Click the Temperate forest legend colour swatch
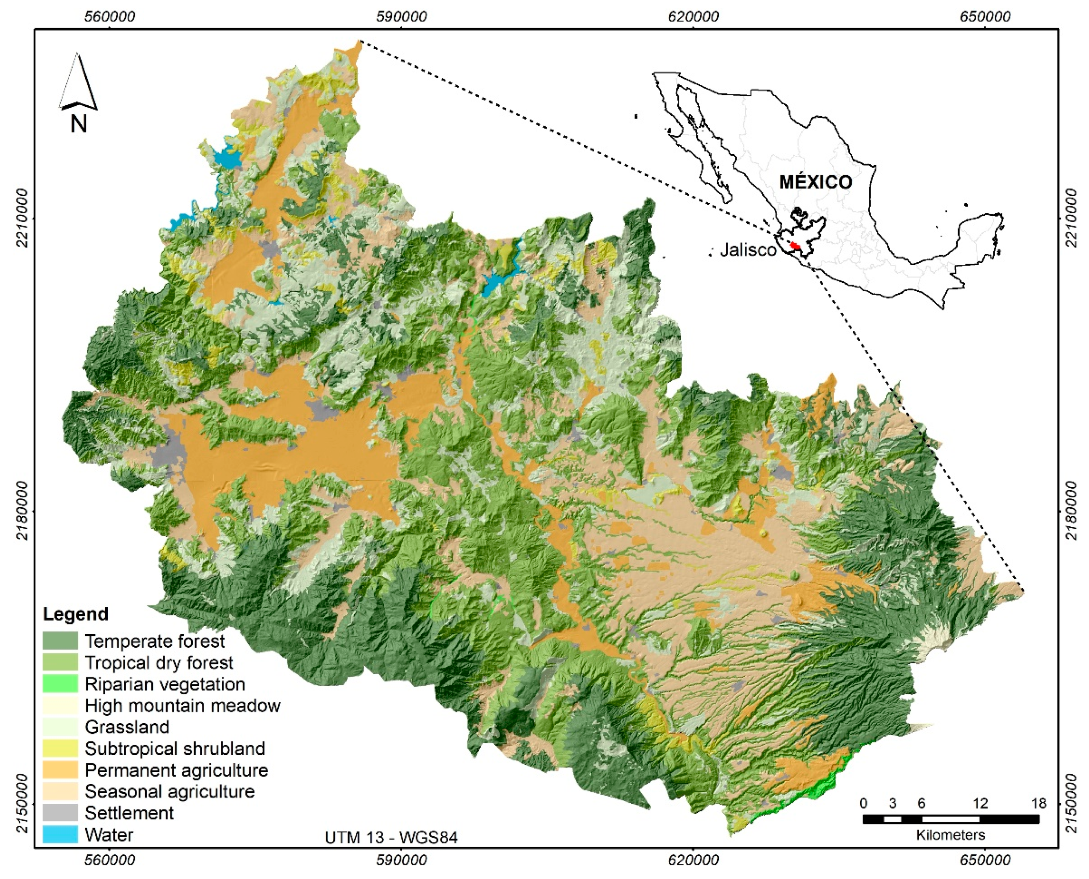click(60, 640)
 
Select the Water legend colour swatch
click(60, 834)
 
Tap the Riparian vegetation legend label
click(164, 684)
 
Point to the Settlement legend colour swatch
click(60, 813)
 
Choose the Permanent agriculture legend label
click(176, 770)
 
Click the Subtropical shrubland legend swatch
click(60, 748)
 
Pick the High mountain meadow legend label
click(182, 705)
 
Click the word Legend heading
click(76, 614)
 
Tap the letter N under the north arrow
click(78, 123)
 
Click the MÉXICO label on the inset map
click(815, 182)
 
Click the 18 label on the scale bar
click(1039, 803)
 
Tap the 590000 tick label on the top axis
click(400, 17)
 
